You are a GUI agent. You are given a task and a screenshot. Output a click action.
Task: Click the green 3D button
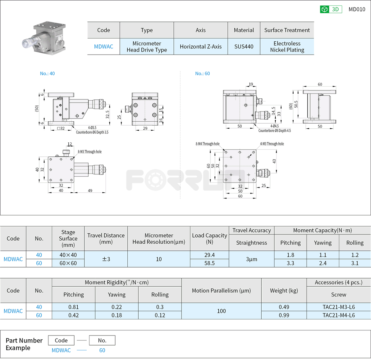pyautogui.click(x=331, y=9)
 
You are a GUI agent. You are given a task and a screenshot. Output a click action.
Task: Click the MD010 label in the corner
pyautogui.click(x=357, y=9)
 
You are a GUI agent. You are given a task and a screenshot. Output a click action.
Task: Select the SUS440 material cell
pyautogui.click(x=244, y=46)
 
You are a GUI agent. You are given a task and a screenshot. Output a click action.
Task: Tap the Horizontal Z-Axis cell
pyautogui.click(x=201, y=46)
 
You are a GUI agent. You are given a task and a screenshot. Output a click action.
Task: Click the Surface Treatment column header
pyautogui.click(x=287, y=30)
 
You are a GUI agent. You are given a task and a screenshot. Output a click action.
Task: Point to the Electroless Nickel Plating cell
pyautogui.click(x=287, y=46)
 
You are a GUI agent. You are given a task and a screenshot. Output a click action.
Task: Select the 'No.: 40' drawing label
pyautogui.click(x=47, y=73)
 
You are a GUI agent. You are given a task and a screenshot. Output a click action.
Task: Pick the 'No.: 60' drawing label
pyautogui.click(x=202, y=73)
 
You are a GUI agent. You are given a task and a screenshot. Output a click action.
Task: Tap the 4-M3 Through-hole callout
pyautogui.click(x=272, y=144)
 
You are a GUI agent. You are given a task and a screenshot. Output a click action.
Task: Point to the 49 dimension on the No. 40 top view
pyautogui.click(x=90, y=191)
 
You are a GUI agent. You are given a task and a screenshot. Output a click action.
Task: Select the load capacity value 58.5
pyautogui.click(x=209, y=263)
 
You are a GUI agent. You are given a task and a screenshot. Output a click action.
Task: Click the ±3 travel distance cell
pyautogui.click(x=106, y=259)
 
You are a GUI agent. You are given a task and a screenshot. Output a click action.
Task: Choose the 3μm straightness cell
pyautogui.click(x=251, y=259)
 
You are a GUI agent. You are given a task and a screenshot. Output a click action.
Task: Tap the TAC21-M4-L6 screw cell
pyautogui.click(x=339, y=315)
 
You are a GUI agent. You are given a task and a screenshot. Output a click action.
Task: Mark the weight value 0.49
pyautogui.click(x=284, y=307)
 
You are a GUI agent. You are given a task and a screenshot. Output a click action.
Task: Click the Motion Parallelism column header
pyautogui.click(x=221, y=291)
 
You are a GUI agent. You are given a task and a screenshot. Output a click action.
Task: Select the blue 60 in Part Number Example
pyautogui.click(x=102, y=350)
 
